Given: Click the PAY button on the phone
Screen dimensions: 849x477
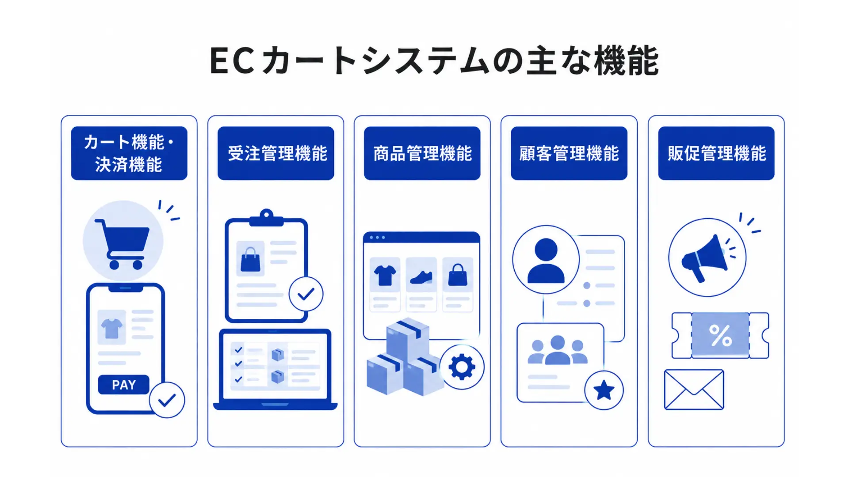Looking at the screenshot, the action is tap(124, 385).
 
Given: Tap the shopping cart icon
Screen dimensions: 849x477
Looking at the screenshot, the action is tap(122, 244).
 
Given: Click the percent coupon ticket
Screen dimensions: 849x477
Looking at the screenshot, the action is tap(720, 336).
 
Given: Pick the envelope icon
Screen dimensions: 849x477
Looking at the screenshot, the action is tap(694, 390).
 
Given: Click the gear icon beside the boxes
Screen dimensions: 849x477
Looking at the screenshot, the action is tap(462, 367).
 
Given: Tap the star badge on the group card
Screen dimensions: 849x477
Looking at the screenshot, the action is tap(604, 390).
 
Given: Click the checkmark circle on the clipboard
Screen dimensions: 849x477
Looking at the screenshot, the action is tap(306, 294).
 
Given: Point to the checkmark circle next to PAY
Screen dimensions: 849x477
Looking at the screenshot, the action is tap(167, 400).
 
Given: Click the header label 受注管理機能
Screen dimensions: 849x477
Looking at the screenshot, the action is tap(278, 154).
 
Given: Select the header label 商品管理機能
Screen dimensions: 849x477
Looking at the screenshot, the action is tap(423, 154).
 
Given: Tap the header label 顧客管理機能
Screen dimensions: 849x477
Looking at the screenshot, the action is tap(569, 154).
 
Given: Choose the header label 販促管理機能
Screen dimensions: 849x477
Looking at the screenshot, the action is tap(716, 154).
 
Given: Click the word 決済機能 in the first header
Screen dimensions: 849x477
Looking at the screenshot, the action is tap(129, 165).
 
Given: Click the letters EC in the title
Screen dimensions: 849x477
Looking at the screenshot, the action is tap(232, 61).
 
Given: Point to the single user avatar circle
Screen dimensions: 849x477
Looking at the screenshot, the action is tap(546, 260).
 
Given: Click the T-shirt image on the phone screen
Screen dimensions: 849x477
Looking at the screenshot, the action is tap(111, 328).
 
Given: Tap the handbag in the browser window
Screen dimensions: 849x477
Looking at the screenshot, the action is tap(458, 275).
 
